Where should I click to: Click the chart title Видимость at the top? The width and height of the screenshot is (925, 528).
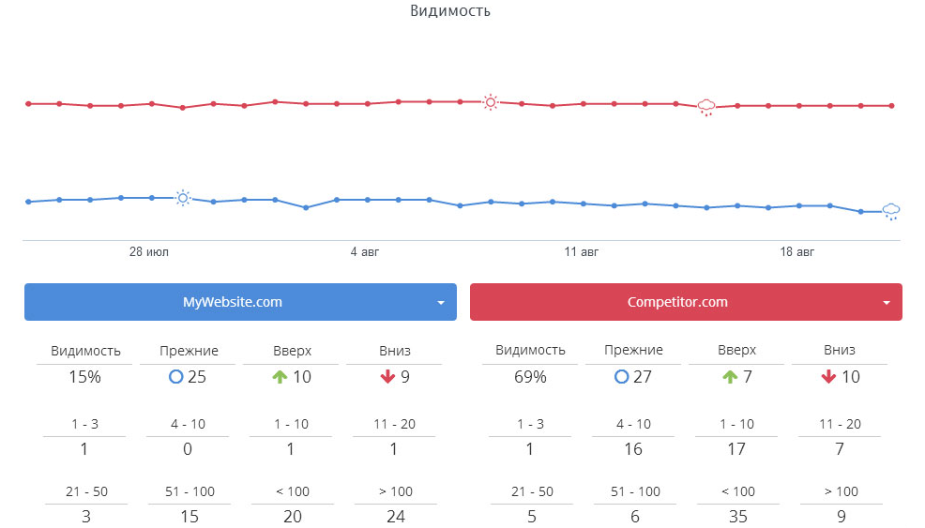450,11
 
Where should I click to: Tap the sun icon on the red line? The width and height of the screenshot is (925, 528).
490,102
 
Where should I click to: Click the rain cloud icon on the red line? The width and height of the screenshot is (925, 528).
706,107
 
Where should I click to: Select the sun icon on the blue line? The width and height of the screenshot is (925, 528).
183,198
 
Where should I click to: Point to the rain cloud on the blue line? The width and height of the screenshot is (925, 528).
891,211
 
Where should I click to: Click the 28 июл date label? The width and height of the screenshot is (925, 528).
149,252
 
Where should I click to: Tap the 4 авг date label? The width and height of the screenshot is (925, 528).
365,252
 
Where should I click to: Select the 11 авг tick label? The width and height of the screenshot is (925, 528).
582,252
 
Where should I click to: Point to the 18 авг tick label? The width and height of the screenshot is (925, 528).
797,252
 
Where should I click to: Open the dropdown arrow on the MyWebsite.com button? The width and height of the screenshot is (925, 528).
441,303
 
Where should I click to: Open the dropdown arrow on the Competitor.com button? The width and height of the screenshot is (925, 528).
887,303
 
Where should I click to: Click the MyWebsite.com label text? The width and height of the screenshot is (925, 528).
232,302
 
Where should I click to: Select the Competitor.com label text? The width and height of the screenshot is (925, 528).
677,302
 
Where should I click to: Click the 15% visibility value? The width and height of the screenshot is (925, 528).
84,378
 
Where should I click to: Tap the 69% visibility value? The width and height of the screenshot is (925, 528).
530,378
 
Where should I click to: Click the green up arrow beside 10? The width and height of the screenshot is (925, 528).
279,378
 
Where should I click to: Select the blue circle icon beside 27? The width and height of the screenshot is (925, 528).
620,378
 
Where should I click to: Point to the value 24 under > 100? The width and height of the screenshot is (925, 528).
394,516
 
